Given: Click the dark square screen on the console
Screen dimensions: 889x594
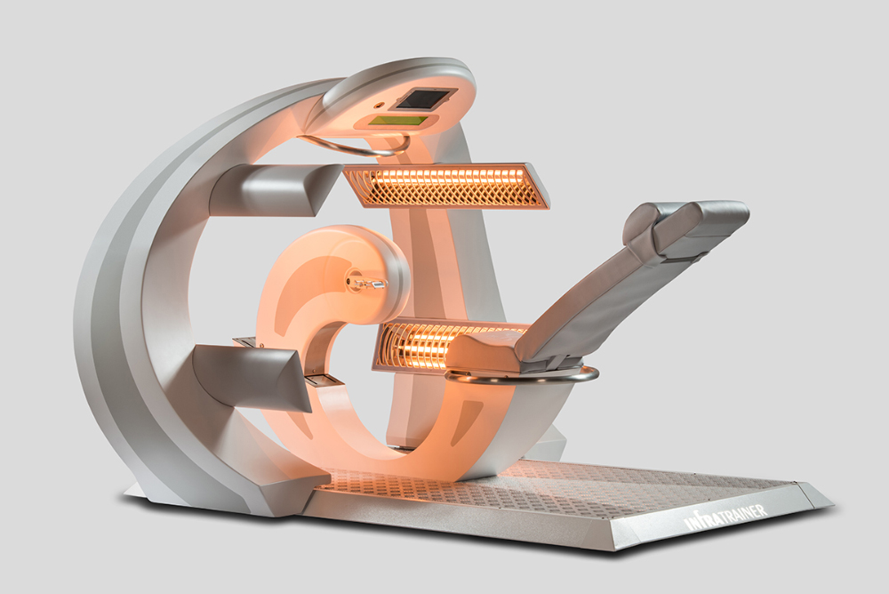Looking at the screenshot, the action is [x=425, y=99].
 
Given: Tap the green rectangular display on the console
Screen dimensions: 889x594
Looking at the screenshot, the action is [x=398, y=121].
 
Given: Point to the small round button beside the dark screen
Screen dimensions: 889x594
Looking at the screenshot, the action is [x=379, y=106].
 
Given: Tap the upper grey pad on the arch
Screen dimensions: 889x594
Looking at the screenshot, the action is [x=275, y=190].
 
